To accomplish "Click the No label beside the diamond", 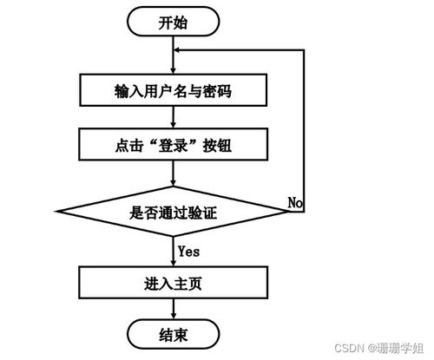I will pos(295,202).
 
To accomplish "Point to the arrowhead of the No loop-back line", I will pos(179,50).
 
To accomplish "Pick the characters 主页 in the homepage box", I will pos(188,283).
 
